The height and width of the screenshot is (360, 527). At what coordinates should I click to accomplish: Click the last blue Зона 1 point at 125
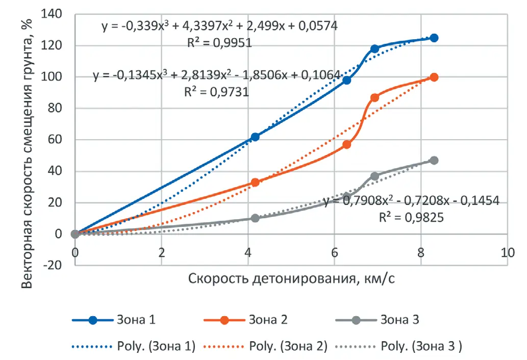434,38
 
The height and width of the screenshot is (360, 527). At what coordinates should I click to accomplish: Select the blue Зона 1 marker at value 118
374,48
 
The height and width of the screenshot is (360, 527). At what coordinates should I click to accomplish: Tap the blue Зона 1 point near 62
255,137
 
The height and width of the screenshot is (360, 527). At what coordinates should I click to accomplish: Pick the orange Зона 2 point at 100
434,77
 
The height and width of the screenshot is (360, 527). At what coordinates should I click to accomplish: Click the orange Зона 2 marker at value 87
374,97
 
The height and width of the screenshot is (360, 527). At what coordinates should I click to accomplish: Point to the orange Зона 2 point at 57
347,144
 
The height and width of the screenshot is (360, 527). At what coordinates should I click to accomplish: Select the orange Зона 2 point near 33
255,182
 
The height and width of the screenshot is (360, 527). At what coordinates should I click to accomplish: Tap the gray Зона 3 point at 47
434,160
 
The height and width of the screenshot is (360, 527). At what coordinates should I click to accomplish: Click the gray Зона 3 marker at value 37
374,176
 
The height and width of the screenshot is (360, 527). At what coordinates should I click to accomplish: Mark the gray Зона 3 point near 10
255,218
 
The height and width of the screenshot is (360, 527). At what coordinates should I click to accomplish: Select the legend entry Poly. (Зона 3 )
421,346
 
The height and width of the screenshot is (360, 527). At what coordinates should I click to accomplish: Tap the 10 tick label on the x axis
507,253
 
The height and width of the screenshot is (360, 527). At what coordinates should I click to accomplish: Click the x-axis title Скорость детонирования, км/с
292,278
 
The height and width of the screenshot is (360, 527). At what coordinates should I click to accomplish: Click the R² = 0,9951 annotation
219,42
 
